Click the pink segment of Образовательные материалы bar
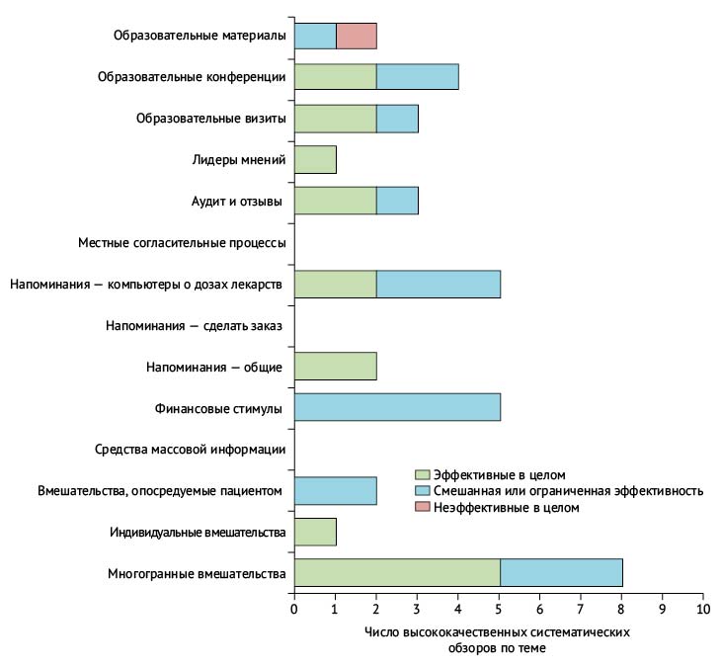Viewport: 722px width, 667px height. coord(356,36)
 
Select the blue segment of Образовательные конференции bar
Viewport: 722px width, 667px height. coord(417,77)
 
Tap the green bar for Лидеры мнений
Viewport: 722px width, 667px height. coord(315,159)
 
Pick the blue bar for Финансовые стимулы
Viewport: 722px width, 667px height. coord(397,408)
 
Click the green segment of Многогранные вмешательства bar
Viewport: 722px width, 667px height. coord(397,573)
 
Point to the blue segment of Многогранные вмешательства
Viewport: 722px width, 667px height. coord(561,573)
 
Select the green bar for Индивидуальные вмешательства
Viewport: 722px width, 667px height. coord(315,532)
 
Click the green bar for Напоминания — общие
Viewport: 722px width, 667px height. coord(335,367)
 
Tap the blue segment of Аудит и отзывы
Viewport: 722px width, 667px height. coord(397,201)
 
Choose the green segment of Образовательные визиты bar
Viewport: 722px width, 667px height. coord(335,119)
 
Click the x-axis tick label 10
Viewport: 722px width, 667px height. coord(703,609)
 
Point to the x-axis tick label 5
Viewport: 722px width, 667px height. coord(499,609)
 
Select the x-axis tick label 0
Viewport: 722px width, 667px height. coord(294,609)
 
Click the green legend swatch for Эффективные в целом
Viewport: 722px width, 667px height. coord(423,474)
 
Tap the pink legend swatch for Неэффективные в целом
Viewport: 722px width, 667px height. coord(423,507)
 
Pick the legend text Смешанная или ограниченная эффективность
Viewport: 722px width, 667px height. coord(568,491)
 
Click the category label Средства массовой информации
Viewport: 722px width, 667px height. coord(191,450)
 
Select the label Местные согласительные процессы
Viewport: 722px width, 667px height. coord(182,242)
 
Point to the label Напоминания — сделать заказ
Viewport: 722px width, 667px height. coord(194,325)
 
